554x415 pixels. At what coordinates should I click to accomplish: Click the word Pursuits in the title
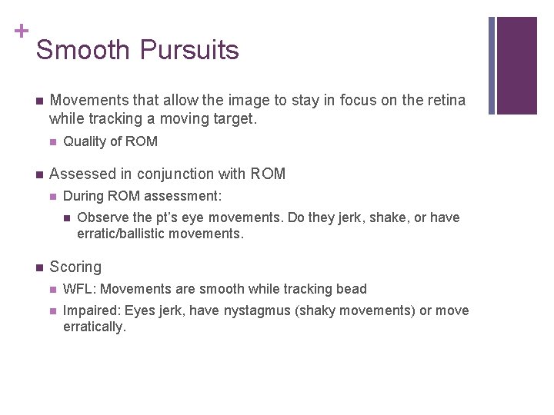(189, 51)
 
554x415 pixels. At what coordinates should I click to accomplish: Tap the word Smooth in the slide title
(83, 51)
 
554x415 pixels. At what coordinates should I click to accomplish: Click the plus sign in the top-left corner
(21, 31)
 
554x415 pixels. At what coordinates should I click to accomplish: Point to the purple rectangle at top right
(517, 65)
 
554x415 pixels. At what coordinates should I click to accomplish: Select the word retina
(446, 101)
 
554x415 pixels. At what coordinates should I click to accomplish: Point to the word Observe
(102, 217)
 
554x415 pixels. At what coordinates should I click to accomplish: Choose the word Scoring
(75, 267)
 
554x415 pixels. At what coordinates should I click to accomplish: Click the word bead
(352, 289)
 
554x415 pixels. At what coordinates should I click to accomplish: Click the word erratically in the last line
(93, 327)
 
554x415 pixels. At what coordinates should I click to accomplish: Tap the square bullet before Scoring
(38, 267)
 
